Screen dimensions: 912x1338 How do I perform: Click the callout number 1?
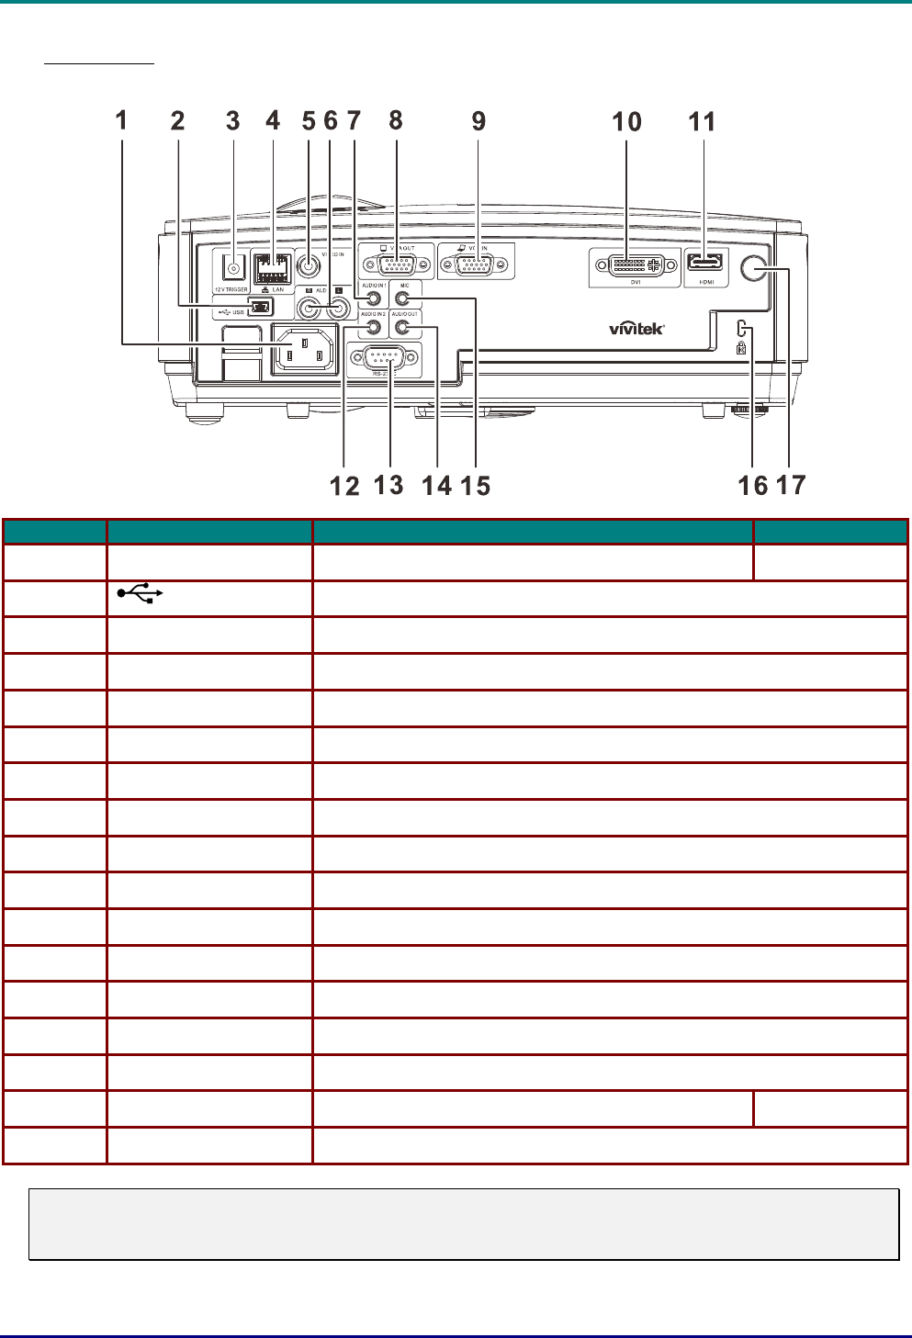coord(121,120)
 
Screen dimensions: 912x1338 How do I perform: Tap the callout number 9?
coord(479,121)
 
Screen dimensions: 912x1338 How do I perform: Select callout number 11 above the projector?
coord(702,121)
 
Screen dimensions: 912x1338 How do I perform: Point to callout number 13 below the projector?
coord(388,485)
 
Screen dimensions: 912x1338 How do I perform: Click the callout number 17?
coord(791,485)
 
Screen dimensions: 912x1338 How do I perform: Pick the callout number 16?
coord(752,485)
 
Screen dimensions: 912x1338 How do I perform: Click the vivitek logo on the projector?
coord(636,328)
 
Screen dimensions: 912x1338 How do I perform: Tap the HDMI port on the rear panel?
coord(705,263)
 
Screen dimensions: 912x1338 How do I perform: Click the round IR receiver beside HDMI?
coord(753,267)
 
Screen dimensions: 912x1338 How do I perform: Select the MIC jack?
coord(401,298)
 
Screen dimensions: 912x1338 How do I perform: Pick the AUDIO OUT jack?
coord(401,326)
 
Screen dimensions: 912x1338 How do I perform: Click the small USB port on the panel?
coord(260,307)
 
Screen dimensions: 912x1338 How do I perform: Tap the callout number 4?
coord(273,120)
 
